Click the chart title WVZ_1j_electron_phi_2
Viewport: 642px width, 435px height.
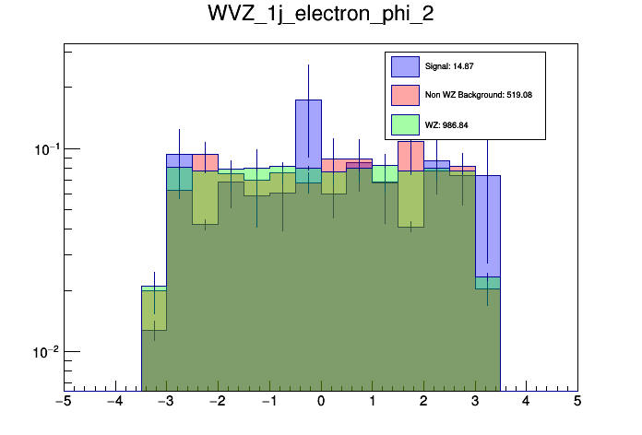[320, 17]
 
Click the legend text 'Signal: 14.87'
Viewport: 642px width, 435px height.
[449, 66]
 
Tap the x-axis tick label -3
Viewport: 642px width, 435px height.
[166, 403]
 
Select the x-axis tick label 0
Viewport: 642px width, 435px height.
[321, 403]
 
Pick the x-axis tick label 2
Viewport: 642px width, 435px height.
[423, 403]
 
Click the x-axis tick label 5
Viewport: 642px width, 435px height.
[577, 403]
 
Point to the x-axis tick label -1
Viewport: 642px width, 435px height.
[268, 403]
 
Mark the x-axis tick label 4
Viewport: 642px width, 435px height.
[526, 403]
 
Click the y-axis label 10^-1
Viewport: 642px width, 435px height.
[43, 149]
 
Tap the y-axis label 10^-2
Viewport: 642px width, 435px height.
[43, 352]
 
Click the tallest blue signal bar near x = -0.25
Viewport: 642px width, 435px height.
[308, 129]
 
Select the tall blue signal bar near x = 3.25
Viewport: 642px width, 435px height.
[488, 221]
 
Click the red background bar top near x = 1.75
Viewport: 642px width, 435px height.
[411, 153]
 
